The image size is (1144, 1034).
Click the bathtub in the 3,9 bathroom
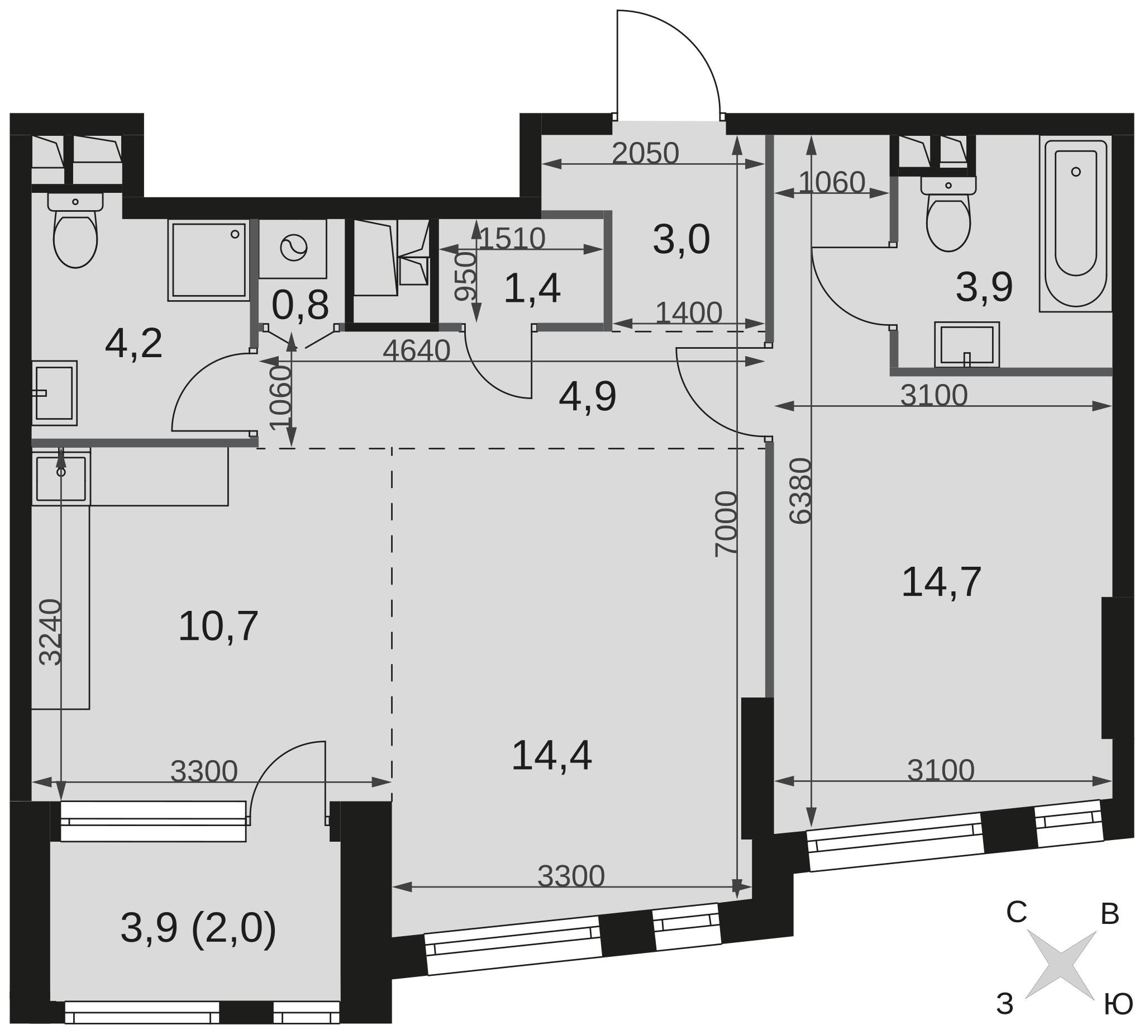(1075, 223)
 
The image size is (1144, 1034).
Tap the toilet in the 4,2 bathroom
(75, 230)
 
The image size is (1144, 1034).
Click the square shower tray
(209, 260)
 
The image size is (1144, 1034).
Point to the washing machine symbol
(293, 248)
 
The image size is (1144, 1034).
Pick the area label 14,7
(941, 582)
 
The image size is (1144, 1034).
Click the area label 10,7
(218, 627)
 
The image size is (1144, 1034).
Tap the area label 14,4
(551, 756)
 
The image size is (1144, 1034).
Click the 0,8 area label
(300, 306)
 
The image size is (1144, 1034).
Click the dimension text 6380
(800, 491)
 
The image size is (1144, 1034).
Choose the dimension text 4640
(417, 351)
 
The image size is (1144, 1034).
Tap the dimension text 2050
(645, 153)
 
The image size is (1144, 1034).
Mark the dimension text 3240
(50, 632)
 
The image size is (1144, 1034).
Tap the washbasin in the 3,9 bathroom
(967, 345)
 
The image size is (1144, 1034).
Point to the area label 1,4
(532, 288)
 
